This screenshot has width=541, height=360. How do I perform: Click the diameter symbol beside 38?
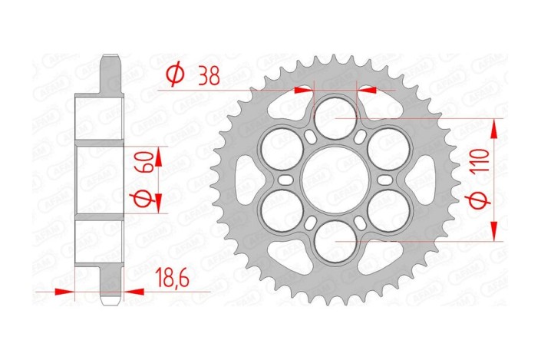click(x=175, y=75)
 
